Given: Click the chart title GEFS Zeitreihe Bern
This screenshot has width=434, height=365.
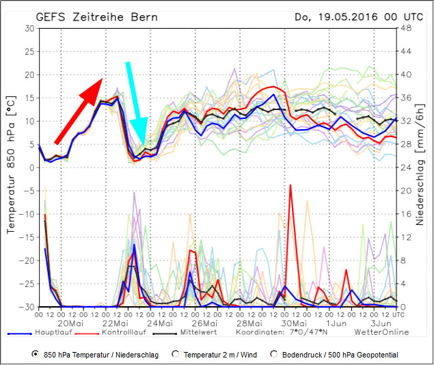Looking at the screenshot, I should pyautogui.click(x=96, y=16).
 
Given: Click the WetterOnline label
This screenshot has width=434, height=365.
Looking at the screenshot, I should pyautogui.click(x=381, y=332).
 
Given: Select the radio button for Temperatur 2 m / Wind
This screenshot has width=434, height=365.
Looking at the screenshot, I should pyautogui.click(x=176, y=354).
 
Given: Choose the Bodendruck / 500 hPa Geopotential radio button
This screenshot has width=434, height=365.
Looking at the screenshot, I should pyautogui.click(x=274, y=354).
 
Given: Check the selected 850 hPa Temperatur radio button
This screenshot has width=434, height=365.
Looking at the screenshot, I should pyautogui.click(x=36, y=354).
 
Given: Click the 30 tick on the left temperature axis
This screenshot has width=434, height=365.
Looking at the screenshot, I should pyautogui.click(x=29, y=28).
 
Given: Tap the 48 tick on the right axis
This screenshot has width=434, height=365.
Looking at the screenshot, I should pyautogui.click(x=405, y=28).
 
